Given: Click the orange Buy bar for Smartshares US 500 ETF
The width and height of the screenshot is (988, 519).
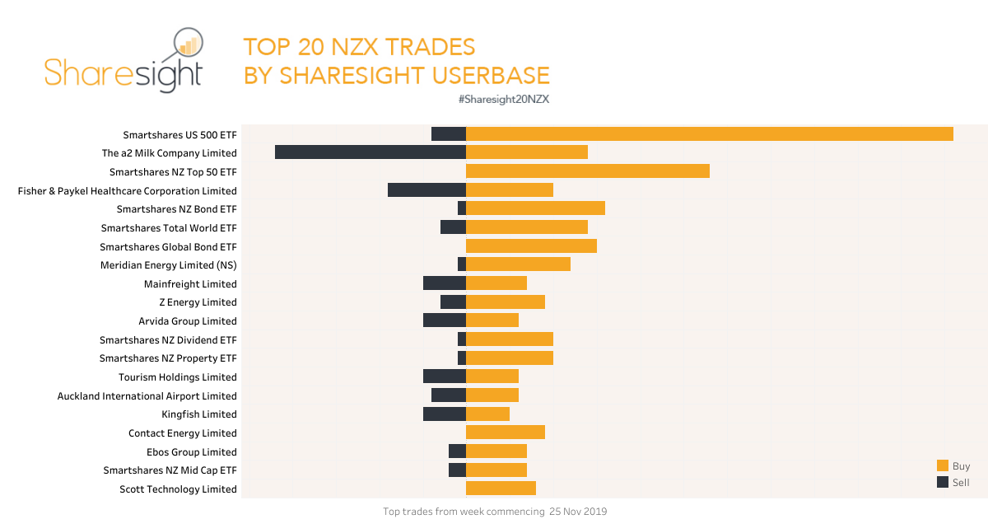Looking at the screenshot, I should coord(709,133).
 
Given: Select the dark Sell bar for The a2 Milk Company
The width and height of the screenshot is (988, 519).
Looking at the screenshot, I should coord(370,152).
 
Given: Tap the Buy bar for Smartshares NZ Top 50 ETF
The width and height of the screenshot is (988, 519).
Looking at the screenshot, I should coord(587,171).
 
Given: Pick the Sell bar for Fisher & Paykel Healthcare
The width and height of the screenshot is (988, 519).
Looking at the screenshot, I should coord(426,190).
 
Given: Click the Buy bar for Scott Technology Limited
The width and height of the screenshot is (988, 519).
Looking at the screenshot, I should coord(501,489).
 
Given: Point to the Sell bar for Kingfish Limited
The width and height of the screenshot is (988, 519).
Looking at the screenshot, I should coord(445,414).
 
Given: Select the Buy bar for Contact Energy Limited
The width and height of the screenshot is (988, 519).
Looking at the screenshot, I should coord(506,432).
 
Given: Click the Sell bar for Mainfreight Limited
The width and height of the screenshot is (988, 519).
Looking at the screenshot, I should coord(445,283).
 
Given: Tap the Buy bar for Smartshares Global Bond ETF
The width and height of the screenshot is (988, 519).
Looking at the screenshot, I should coord(531,246).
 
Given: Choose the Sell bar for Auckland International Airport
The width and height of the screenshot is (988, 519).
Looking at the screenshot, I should coord(449,395).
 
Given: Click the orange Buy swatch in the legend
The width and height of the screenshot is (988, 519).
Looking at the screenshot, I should coord(943,465).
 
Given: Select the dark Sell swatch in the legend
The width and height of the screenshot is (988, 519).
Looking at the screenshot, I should coord(943,482).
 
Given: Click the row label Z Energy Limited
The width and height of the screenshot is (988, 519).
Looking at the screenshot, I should coord(198,302).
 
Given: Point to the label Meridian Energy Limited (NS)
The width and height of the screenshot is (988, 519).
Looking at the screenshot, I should coord(168,265).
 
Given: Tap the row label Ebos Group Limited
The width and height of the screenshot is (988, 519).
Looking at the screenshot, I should coord(191,451).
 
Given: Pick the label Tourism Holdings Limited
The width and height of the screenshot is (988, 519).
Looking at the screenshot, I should coord(177,377).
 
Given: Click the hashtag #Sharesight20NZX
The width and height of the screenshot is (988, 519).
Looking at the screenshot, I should coord(503,99).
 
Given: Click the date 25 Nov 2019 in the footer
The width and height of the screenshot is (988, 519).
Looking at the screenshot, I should coord(579,512).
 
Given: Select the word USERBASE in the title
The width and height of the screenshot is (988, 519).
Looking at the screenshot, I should coord(483,75).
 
